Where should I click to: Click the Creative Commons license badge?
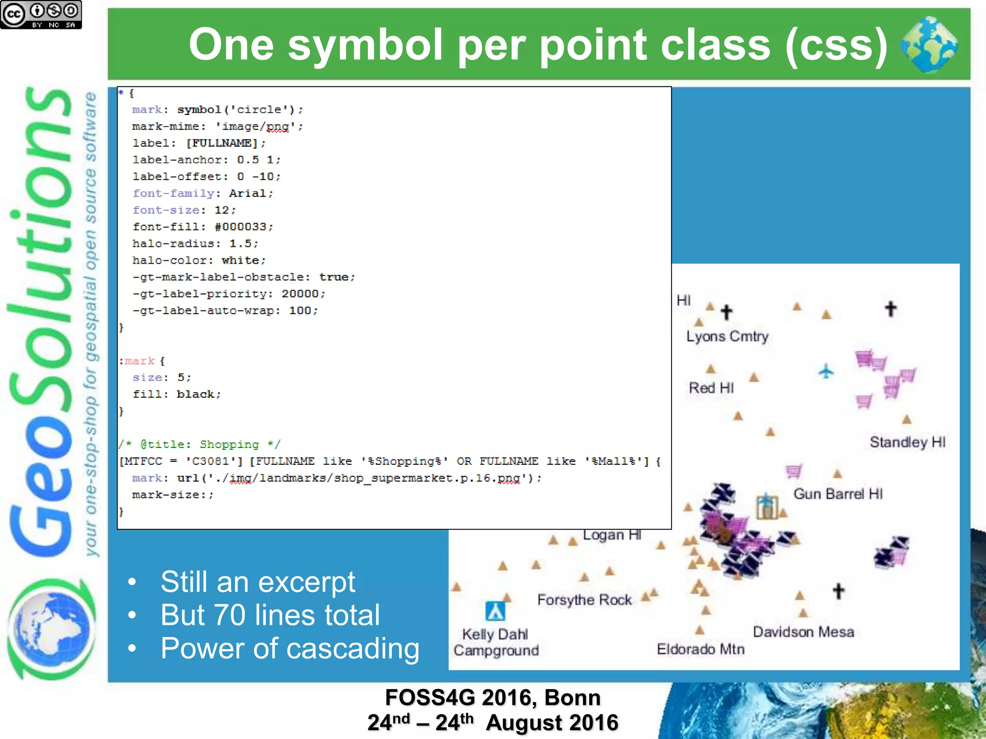pos(41,14)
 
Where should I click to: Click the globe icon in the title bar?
pos(929,44)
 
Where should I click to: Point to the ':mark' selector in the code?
pos(138,361)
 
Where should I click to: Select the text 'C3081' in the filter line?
pos(210,461)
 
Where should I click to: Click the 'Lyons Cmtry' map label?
pos(727,336)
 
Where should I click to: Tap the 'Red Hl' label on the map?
pos(711,388)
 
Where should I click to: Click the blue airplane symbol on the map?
pos(826,371)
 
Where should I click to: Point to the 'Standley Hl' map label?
pos(908,442)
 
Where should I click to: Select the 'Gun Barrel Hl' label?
pos(838,494)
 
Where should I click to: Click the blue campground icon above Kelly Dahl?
pos(495,611)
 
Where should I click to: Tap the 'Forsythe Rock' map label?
pos(584,600)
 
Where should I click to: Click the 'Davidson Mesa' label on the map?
pos(804,632)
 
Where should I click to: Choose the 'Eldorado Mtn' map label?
pos(701,649)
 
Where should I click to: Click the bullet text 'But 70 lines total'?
pos(270,615)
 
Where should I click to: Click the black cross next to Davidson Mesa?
pos(839,591)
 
